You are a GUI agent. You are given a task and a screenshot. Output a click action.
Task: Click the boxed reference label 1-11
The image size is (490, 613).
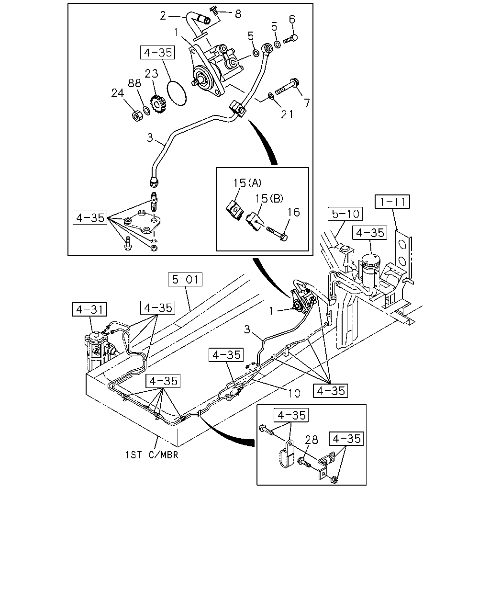click(x=392, y=202)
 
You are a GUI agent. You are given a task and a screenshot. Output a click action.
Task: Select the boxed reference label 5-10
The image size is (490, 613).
click(x=345, y=214)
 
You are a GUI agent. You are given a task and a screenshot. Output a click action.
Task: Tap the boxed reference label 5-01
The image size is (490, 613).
click(x=185, y=279)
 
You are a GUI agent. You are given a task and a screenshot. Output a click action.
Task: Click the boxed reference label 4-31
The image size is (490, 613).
click(x=89, y=309)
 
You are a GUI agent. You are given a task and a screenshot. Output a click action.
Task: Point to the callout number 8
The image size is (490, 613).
click(x=238, y=14)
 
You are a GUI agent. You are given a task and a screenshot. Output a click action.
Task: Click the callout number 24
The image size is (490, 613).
click(x=118, y=93)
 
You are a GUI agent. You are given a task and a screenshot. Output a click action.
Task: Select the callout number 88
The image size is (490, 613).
click(x=134, y=83)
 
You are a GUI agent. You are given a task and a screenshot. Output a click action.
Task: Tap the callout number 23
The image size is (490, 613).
click(x=151, y=73)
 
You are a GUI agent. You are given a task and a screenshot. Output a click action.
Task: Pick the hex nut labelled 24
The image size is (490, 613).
click(x=139, y=115)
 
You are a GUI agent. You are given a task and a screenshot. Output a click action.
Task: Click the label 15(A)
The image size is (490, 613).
click(x=247, y=183)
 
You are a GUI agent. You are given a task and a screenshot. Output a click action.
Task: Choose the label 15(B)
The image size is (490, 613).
click(x=269, y=198)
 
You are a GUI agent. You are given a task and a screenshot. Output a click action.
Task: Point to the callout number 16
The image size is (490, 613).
click(x=293, y=212)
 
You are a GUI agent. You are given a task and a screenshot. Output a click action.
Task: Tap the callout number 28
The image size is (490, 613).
click(x=311, y=440)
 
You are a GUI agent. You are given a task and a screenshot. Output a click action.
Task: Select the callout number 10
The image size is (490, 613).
click(x=294, y=393)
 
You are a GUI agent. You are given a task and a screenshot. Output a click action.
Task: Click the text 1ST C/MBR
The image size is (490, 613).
click(x=152, y=454)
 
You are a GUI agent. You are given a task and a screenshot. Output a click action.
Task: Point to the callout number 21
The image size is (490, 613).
click(x=287, y=114)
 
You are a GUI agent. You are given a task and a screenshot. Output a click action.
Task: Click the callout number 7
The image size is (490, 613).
click(x=307, y=103)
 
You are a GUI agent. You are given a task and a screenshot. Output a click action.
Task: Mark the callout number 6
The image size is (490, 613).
click(x=292, y=19)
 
